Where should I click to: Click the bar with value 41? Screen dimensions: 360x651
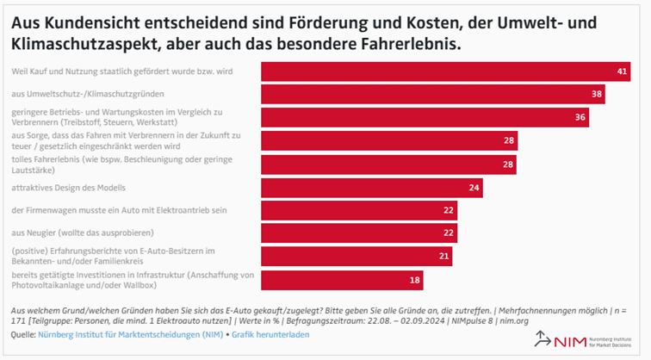click(446, 71)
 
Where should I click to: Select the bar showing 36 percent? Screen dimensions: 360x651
click(425, 117)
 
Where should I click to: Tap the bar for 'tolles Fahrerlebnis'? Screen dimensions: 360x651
click(388, 164)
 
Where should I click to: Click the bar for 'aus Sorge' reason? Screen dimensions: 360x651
click(388, 140)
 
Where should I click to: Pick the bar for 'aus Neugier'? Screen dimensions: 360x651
click(359, 233)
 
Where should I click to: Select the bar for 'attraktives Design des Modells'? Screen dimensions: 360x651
click(371, 187)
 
